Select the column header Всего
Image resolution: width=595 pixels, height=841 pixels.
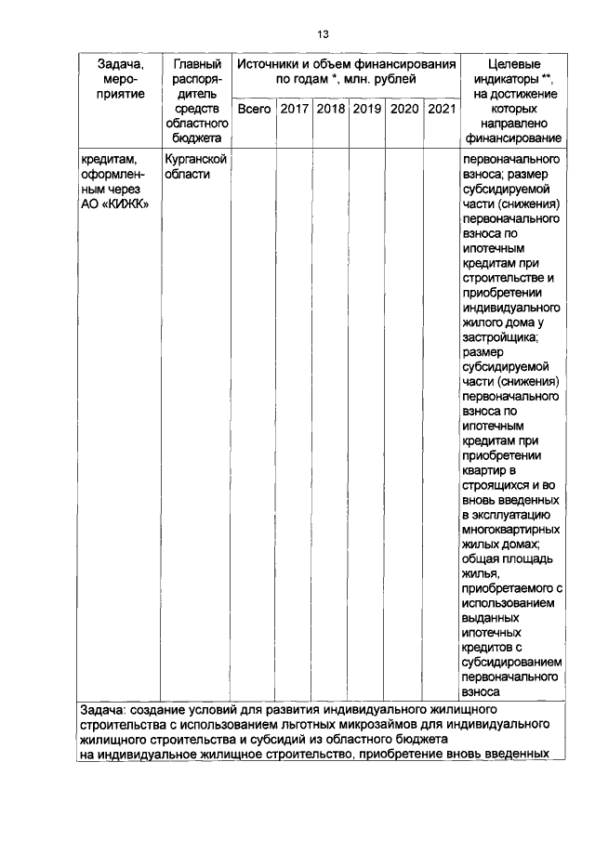tap(254, 110)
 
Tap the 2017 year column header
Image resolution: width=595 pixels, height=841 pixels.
tap(295, 110)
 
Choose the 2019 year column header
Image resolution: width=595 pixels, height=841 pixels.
tap(367, 110)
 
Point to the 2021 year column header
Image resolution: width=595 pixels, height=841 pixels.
tap(441, 110)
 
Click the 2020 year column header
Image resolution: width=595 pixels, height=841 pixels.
tap(404, 110)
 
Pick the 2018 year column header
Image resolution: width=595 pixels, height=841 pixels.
tap(331, 110)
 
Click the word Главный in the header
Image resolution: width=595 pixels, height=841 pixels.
tap(196, 64)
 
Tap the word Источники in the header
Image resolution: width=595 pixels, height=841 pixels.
tap(271, 64)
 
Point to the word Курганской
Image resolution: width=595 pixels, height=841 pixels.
tap(196, 160)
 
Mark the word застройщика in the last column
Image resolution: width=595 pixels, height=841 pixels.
tap(498, 337)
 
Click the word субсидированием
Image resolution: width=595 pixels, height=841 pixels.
tap(513, 662)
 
